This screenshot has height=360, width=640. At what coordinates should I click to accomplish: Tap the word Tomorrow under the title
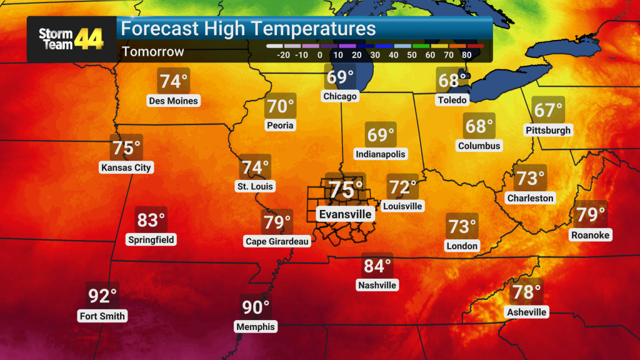click(153, 52)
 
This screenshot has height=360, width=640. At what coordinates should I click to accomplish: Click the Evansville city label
click(346, 214)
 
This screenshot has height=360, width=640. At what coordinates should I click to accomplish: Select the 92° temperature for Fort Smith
click(102, 296)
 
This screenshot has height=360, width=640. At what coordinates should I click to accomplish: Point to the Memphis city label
click(255, 327)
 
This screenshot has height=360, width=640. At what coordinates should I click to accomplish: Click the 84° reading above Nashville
click(377, 266)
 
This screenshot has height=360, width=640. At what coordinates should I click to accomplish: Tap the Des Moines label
click(173, 101)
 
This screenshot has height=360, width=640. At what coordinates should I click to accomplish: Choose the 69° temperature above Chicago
click(340, 78)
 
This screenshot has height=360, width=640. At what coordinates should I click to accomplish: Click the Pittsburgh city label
click(548, 131)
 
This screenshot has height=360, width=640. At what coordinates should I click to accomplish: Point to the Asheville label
click(527, 312)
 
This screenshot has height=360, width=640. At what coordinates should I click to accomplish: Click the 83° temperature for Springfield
click(151, 221)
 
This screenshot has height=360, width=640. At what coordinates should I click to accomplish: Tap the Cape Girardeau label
click(277, 241)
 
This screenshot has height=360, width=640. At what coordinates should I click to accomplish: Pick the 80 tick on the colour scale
click(466, 54)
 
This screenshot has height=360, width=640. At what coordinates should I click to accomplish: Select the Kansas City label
click(126, 167)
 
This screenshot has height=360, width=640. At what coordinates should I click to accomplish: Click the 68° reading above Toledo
click(452, 81)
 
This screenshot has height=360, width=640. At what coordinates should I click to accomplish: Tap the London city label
click(462, 246)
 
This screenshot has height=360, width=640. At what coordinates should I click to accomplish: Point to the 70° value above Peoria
click(281, 107)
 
